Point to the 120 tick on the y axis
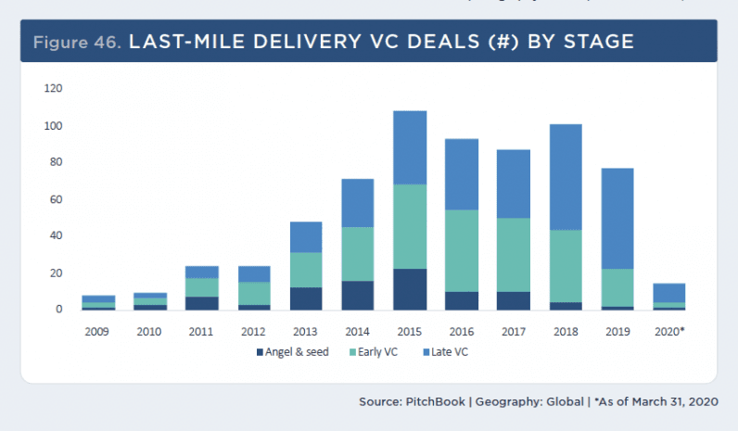point(53,89)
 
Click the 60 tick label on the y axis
point(56,199)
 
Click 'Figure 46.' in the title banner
point(78,42)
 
